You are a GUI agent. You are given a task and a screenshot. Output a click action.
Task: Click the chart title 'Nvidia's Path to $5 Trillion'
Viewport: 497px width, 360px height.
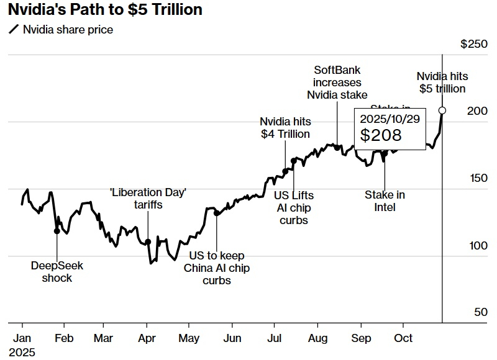tap(105, 10)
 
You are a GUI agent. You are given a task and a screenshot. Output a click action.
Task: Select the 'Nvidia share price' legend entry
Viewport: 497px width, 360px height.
tap(67, 29)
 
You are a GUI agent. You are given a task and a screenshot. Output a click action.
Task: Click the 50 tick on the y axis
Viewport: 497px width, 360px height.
tap(481, 312)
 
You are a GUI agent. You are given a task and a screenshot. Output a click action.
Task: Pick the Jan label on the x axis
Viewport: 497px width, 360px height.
tap(22, 338)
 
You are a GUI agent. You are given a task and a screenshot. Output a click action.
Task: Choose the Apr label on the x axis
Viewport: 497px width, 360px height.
tap(147, 338)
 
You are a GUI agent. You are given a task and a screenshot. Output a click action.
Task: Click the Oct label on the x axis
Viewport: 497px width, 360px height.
tap(403, 338)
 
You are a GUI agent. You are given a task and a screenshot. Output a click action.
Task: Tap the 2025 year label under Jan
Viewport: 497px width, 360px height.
tap(22, 352)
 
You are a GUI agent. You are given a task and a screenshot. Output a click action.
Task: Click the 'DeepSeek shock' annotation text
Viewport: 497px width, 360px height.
tap(57, 272)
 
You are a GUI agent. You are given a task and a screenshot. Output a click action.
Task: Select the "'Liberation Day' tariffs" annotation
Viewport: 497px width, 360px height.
tap(148, 199)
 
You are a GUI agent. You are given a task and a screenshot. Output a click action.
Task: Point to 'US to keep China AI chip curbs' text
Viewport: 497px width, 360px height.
tap(217, 268)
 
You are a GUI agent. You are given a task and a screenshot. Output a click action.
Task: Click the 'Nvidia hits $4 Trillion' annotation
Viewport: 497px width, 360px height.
tap(285, 127)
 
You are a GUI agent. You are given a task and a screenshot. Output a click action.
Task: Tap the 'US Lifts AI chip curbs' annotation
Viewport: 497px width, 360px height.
tap(294, 208)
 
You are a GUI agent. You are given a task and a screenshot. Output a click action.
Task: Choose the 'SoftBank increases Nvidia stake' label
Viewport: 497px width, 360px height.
tap(337, 83)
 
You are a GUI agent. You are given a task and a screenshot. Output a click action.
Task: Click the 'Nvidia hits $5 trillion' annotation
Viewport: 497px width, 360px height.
tap(442, 83)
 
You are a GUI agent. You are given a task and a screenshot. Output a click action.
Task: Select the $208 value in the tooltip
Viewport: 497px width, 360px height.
tap(381, 135)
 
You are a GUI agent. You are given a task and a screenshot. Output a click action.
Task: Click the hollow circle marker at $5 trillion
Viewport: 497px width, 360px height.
tap(442, 110)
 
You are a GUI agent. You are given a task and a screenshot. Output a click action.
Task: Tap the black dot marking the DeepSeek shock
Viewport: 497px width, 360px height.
tap(57, 231)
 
